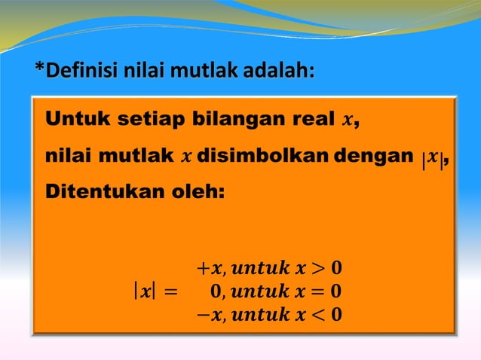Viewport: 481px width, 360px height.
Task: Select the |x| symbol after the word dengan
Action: pos(433,157)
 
